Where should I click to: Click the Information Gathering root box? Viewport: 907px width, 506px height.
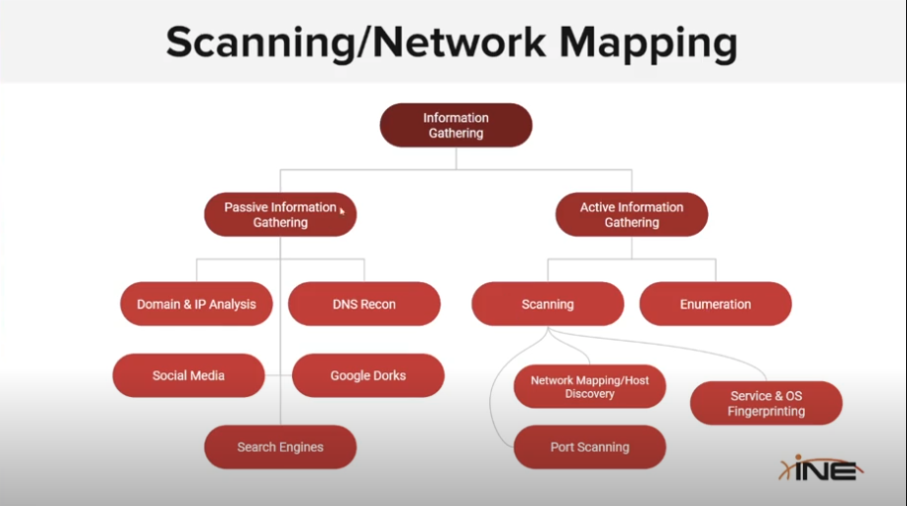pos(456,126)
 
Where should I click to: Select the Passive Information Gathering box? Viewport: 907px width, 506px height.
pos(280,215)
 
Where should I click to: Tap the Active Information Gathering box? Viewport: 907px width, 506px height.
pos(632,215)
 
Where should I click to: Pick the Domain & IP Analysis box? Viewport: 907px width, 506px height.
pos(196,304)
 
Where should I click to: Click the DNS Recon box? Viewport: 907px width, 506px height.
pos(364,304)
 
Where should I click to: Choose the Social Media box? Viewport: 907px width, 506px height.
pos(188,375)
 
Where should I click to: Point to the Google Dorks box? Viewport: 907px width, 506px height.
pos(368,375)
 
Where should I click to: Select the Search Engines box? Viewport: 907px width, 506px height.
pos(280,448)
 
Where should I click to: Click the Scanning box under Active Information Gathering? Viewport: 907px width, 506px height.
pos(548,304)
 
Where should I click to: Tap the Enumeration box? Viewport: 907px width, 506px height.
pos(716,304)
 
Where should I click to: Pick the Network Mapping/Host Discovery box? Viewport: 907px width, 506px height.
pos(589,386)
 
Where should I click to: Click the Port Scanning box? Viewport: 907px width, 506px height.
pos(589,448)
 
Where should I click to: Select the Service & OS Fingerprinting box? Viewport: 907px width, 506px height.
pos(766,403)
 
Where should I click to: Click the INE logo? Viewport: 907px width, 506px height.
pos(820,467)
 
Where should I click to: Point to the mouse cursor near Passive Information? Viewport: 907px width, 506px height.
pos(343,211)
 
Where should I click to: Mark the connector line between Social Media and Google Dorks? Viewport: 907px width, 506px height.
pos(279,375)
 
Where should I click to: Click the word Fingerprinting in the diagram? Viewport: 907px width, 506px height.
pos(766,411)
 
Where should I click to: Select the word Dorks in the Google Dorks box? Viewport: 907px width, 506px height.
pos(388,375)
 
